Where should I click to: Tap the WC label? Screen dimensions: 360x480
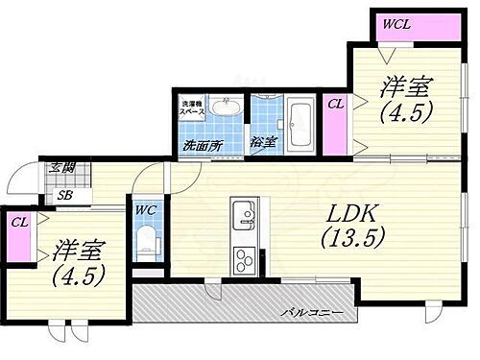tap(147, 209)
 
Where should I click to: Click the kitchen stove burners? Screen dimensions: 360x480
tap(243, 258)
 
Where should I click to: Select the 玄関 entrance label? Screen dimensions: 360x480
tap(60, 170)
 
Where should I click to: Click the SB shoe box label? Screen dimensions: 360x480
tap(63, 195)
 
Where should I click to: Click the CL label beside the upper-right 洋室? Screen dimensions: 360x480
tap(335, 103)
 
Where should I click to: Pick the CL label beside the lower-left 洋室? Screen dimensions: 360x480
tap(19, 223)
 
